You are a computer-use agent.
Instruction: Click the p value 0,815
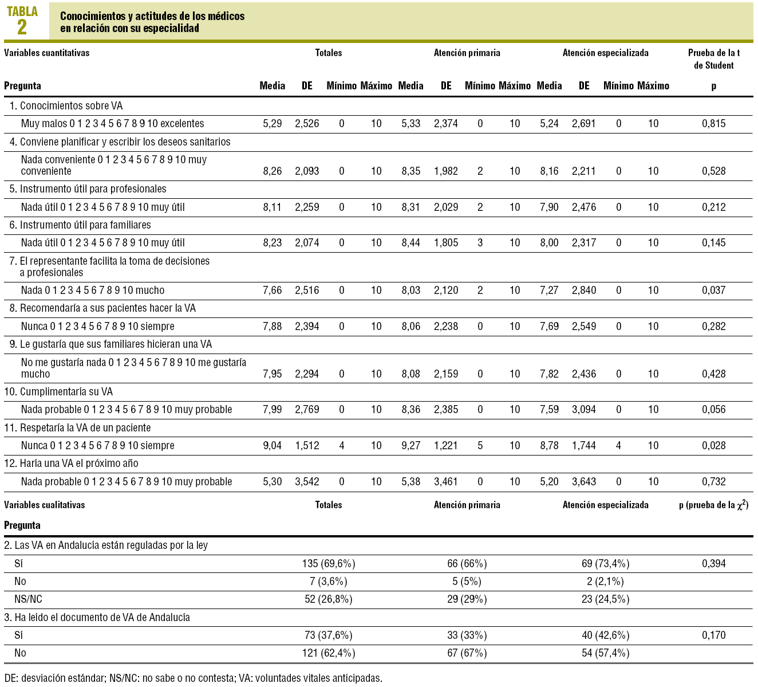click(x=713, y=124)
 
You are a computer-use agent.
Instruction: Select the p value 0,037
click(x=713, y=290)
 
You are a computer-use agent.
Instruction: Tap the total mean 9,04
click(x=273, y=446)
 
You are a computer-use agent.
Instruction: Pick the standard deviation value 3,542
click(x=307, y=482)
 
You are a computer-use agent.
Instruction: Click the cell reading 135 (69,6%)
click(x=329, y=564)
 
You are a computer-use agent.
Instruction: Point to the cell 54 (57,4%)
click(x=605, y=653)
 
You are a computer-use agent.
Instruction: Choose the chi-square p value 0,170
click(x=713, y=635)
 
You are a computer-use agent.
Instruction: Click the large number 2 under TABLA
click(x=22, y=28)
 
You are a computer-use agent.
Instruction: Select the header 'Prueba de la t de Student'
click(x=713, y=59)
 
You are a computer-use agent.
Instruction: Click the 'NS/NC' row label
click(x=28, y=599)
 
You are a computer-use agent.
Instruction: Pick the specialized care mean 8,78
click(x=549, y=446)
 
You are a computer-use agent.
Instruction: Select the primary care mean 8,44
click(x=410, y=243)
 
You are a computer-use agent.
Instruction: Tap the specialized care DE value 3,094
click(x=584, y=410)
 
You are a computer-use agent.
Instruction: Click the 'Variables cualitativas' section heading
click(x=45, y=505)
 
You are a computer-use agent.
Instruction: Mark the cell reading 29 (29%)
click(x=467, y=599)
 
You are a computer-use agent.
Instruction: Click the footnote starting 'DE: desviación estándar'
click(x=193, y=678)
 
